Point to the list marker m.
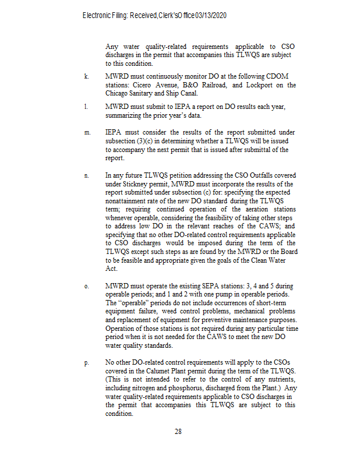(87, 132)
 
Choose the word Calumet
(165, 372)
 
